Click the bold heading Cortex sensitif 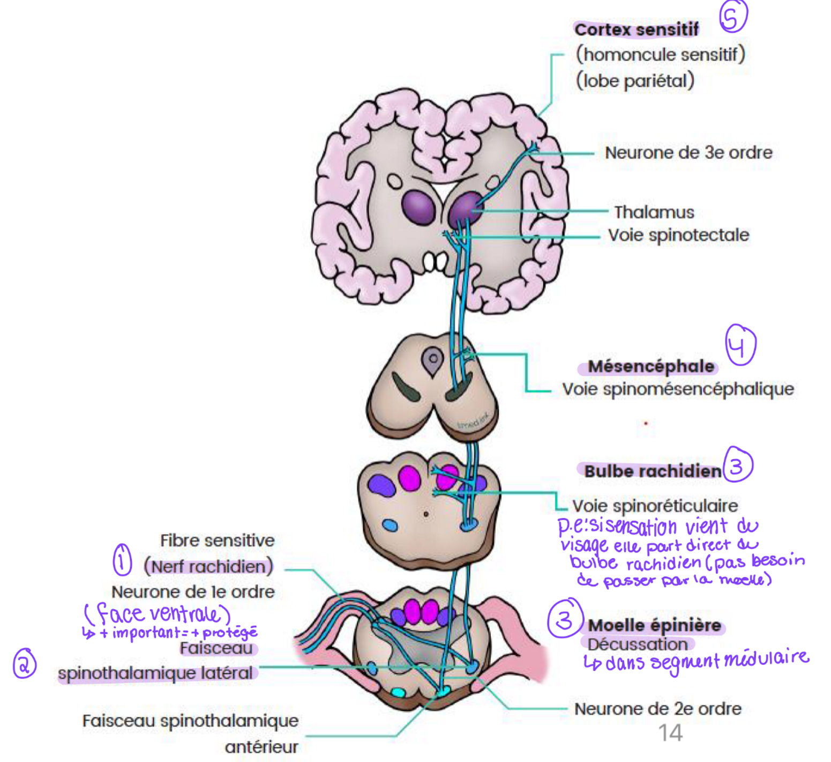pyautogui.click(x=636, y=29)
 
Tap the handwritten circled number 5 pyautogui.click(x=732, y=16)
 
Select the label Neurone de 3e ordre pyautogui.click(x=688, y=153)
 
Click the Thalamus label pyautogui.click(x=654, y=212)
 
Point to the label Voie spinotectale pyautogui.click(x=678, y=235)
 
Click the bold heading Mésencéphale pyautogui.click(x=650, y=366)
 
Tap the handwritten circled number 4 pyautogui.click(x=740, y=345)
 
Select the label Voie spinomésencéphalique pyautogui.click(x=678, y=389)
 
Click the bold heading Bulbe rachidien pyautogui.click(x=653, y=471)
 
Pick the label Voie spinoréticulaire pyautogui.click(x=655, y=506)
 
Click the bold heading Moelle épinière pyautogui.click(x=654, y=625)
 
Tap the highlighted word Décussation pyautogui.click(x=637, y=644)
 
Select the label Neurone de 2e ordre pyautogui.click(x=657, y=709)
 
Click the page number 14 pyautogui.click(x=670, y=733)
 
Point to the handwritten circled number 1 pyautogui.click(x=122, y=560)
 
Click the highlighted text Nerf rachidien pyautogui.click(x=208, y=566)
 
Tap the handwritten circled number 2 pyautogui.click(x=24, y=664)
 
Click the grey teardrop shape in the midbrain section pyautogui.click(x=432, y=360)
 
